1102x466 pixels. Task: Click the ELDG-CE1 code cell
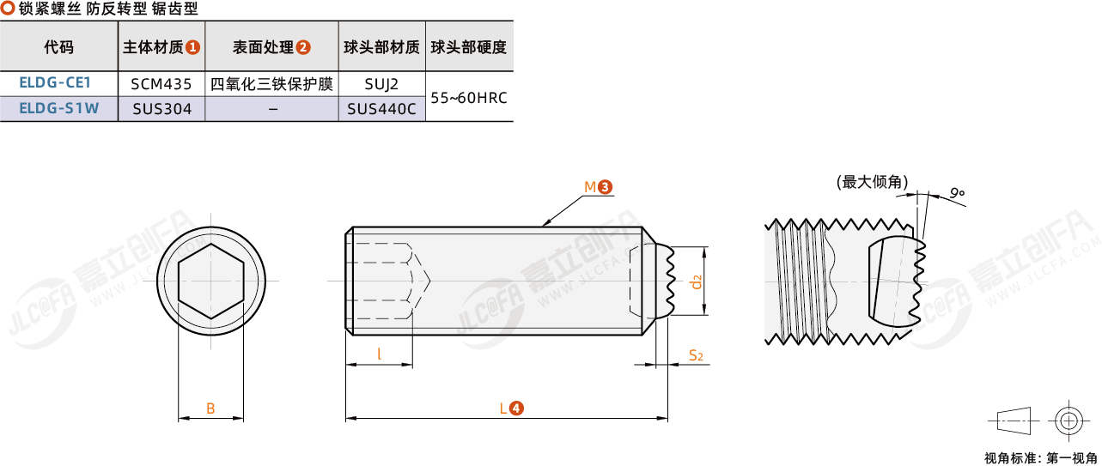(x=55, y=82)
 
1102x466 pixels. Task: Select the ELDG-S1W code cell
(x=59, y=108)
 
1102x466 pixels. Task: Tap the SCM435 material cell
(x=161, y=84)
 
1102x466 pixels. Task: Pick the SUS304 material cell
(x=161, y=109)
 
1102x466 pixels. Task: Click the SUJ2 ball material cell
(x=381, y=84)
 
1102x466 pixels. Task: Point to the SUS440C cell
(x=381, y=109)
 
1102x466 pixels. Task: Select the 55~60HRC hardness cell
(x=469, y=97)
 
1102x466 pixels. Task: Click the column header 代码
(x=58, y=47)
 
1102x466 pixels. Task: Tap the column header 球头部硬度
(x=469, y=47)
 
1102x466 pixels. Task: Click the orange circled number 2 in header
(x=303, y=47)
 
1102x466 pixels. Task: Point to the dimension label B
(x=210, y=409)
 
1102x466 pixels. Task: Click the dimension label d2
(x=696, y=282)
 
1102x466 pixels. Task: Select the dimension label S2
(x=696, y=355)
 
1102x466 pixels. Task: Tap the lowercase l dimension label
(x=380, y=354)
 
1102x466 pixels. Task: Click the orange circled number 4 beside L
(x=516, y=408)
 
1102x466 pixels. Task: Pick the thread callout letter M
(x=590, y=187)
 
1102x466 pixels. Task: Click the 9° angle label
(x=957, y=193)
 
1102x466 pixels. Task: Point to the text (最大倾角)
(x=873, y=183)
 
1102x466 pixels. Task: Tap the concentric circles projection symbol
(x=1069, y=421)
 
